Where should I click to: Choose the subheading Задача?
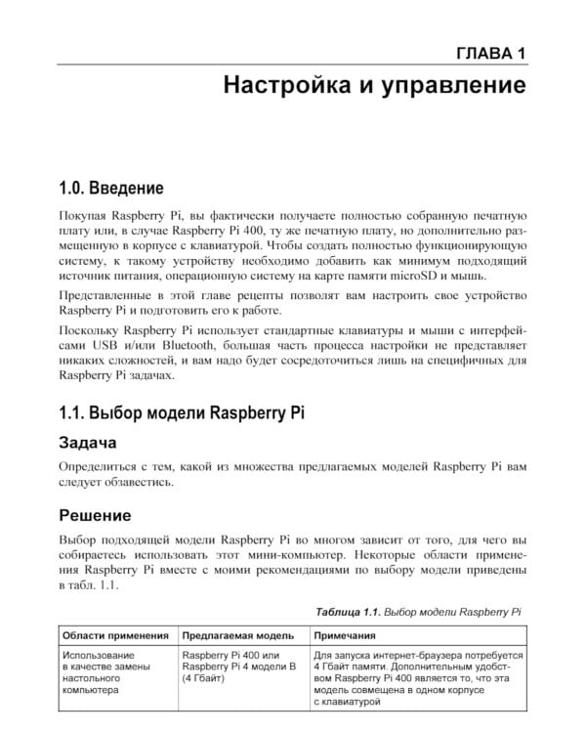(x=95, y=443)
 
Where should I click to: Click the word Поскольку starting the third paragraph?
(x=90, y=329)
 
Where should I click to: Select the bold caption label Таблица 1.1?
(x=347, y=612)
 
